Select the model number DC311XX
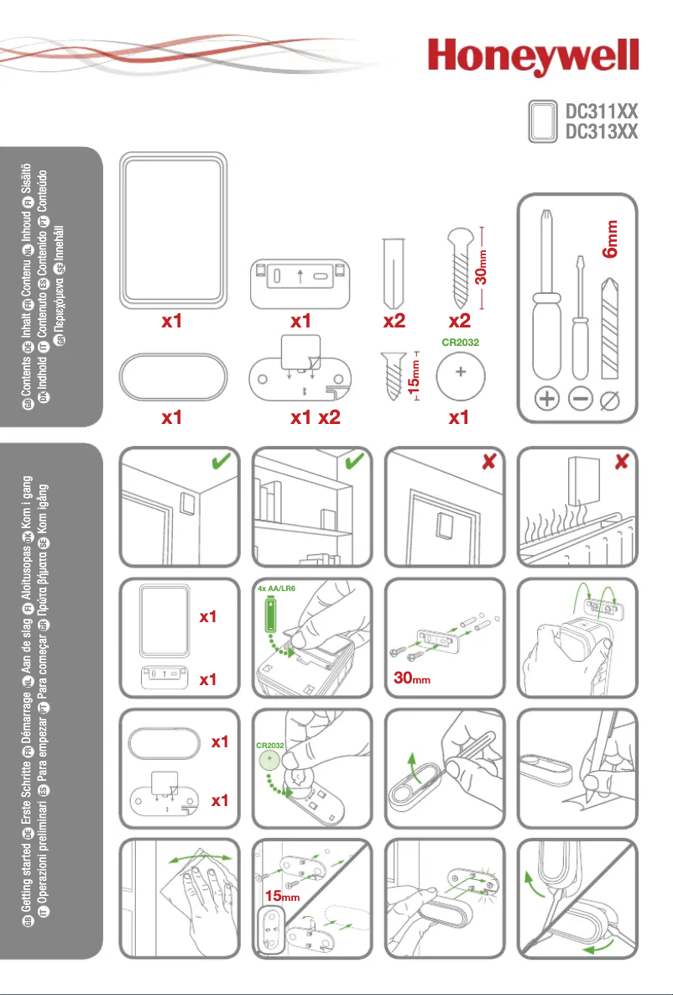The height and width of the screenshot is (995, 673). (x=602, y=112)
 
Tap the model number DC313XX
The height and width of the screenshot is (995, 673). (x=602, y=132)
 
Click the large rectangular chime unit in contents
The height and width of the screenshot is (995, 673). (x=172, y=228)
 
